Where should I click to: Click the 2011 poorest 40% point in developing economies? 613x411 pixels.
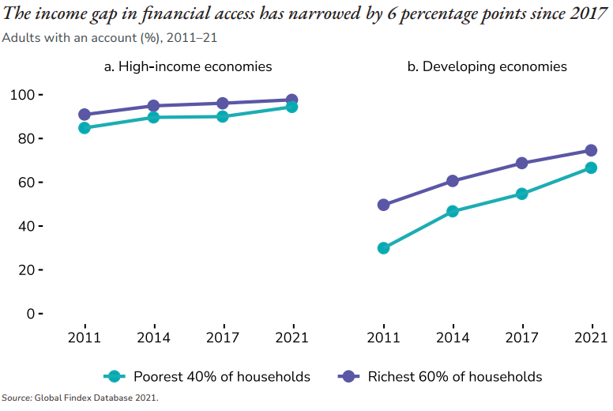coord(384,248)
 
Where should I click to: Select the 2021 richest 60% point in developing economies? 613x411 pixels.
coord(590,150)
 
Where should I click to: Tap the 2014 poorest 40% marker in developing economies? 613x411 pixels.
coord(453,211)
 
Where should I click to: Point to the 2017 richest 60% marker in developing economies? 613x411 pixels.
coord(521,163)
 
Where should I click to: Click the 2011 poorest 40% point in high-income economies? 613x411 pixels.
coord(85,127)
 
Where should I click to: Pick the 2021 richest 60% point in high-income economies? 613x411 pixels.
coord(291,100)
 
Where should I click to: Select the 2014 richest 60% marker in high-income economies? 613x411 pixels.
coord(153,105)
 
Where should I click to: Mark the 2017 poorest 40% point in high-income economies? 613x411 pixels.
coord(223,116)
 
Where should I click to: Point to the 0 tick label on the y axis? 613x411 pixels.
coord(30,314)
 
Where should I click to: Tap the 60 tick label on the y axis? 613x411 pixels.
coord(26,183)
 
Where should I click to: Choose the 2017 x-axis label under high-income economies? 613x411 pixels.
coord(223,337)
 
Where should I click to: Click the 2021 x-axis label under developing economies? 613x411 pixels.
coord(590,337)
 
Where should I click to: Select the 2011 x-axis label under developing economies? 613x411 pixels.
coord(384,337)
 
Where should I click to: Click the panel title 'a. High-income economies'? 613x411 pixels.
coord(188,67)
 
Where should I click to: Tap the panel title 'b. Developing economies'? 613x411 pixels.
coord(487,67)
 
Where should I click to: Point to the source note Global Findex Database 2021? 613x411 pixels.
coord(80,398)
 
